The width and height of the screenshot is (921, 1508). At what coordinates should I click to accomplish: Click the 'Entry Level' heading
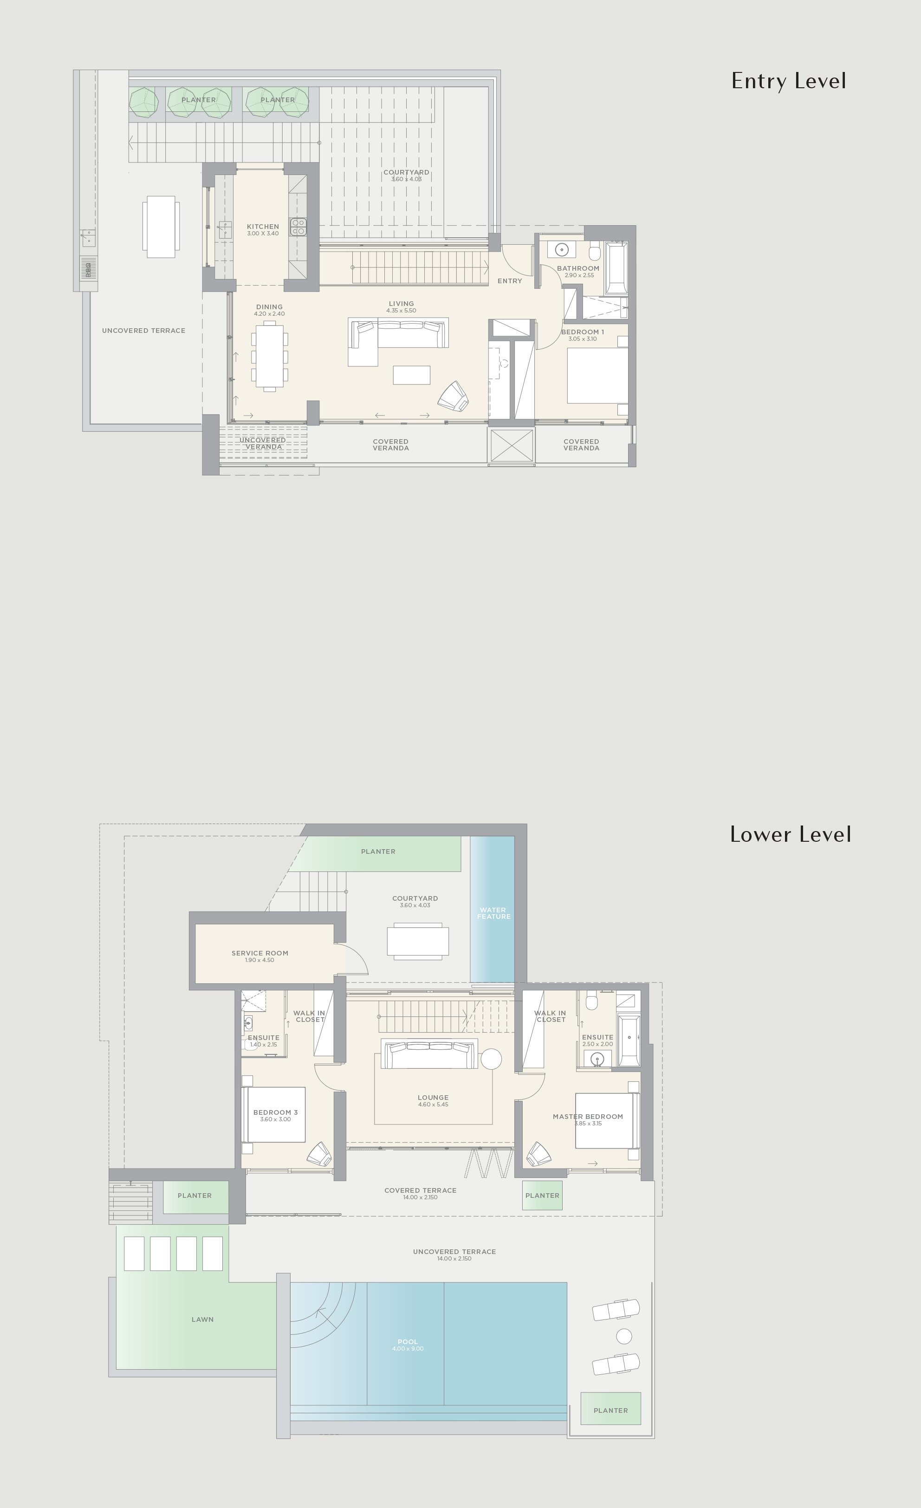point(788,81)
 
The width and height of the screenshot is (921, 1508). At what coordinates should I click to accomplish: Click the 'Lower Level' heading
point(790,834)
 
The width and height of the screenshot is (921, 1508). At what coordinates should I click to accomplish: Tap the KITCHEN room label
point(263,227)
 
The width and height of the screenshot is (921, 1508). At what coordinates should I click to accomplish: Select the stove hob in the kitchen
point(298,227)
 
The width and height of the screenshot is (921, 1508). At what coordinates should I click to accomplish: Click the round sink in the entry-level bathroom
point(562,250)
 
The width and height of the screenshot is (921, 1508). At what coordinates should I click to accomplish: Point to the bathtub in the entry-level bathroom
point(616,268)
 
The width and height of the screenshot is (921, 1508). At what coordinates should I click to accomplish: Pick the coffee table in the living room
point(411,375)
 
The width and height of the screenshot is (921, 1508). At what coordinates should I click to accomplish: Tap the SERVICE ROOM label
point(259,953)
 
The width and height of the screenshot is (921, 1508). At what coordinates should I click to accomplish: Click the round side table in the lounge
point(491,1059)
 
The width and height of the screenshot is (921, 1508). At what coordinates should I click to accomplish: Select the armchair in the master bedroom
point(538,1154)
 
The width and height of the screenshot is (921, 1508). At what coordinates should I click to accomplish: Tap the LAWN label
point(202,1319)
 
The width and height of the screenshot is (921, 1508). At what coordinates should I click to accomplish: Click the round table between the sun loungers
point(623,1336)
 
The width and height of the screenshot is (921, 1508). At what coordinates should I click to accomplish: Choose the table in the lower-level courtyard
point(418,941)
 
